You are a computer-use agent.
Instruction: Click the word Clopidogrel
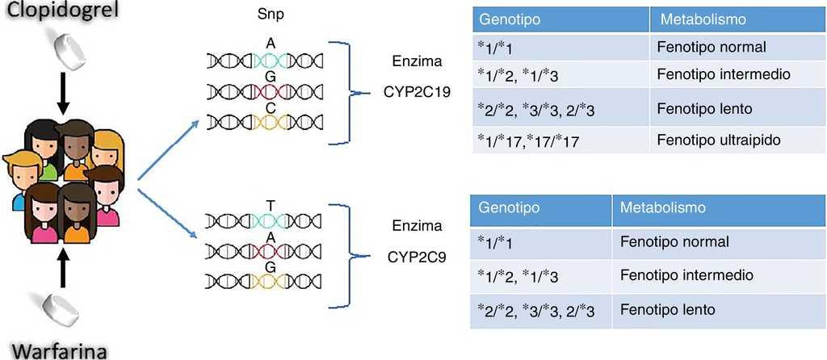click(57, 14)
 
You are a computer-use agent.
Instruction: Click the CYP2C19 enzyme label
click(415, 92)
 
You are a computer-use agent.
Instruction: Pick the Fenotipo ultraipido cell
click(715, 139)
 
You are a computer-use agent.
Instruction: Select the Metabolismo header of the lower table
click(663, 208)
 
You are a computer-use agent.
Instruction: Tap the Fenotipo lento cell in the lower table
click(668, 308)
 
